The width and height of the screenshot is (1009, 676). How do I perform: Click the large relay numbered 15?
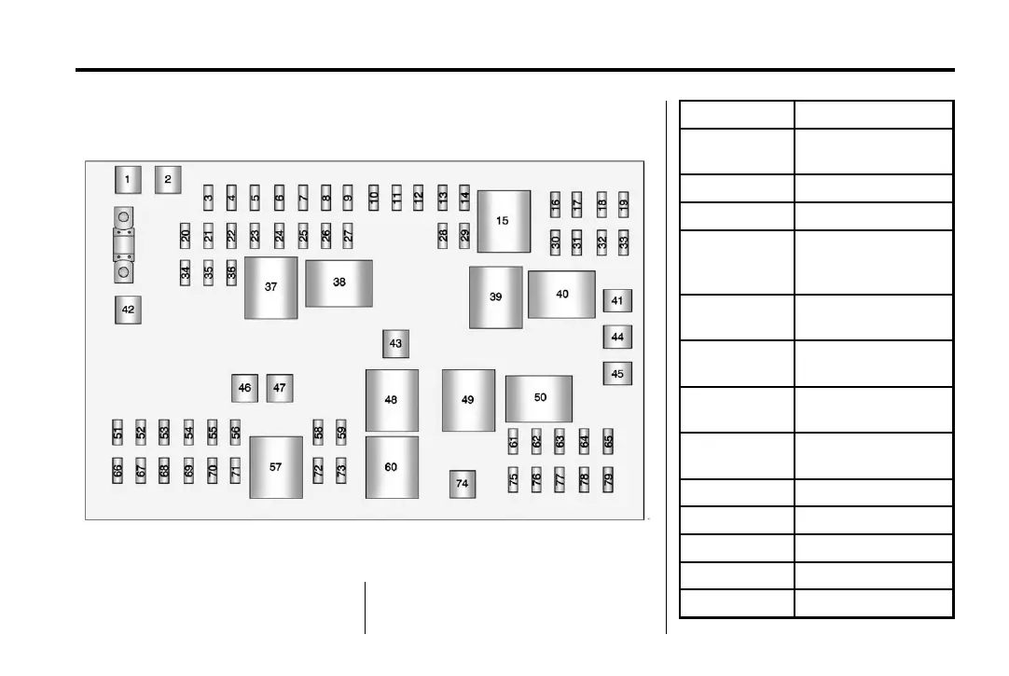pyautogui.click(x=504, y=221)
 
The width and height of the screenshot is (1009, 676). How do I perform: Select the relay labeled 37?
pyautogui.click(x=270, y=287)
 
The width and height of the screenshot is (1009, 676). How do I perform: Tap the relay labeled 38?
pyautogui.click(x=339, y=283)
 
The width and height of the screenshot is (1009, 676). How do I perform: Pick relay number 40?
pyautogui.click(x=561, y=295)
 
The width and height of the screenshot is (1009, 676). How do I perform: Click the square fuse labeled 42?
pyautogui.click(x=128, y=310)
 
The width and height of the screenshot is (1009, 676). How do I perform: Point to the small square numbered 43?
pyautogui.click(x=395, y=343)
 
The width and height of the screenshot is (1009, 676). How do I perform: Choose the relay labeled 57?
pyautogui.click(x=276, y=467)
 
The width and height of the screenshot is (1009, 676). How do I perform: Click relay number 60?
pyautogui.click(x=391, y=467)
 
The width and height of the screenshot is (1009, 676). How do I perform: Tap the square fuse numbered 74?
pyautogui.click(x=462, y=484)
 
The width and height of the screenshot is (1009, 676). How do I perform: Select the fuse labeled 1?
pyautogui.click(x=128, y=179)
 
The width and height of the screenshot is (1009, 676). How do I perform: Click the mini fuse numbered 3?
pyautogui.click(x=209, y=197)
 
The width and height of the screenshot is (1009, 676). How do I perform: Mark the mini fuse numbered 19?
pyautogui.click(x=624, y=203)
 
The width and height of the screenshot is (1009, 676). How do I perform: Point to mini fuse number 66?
pyautogui.click(x=118, y=472)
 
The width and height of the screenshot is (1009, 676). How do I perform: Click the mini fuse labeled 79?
pyautogui.click(x=608, y=480)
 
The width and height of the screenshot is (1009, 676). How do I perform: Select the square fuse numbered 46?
pyautogui.click(x=244, y=387)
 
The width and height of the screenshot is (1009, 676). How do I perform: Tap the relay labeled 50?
pyautogui.click(x=539, y=398)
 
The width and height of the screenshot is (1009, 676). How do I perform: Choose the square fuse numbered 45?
pyautogui.click(x=617, y=374)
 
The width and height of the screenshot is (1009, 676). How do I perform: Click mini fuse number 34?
pyautogui.click(x=186, y=274)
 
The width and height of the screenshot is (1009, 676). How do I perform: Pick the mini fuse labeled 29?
pyautogui.click(x=465, y=235)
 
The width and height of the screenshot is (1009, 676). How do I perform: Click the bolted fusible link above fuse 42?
pyautogui.click(x=123, y=246)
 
